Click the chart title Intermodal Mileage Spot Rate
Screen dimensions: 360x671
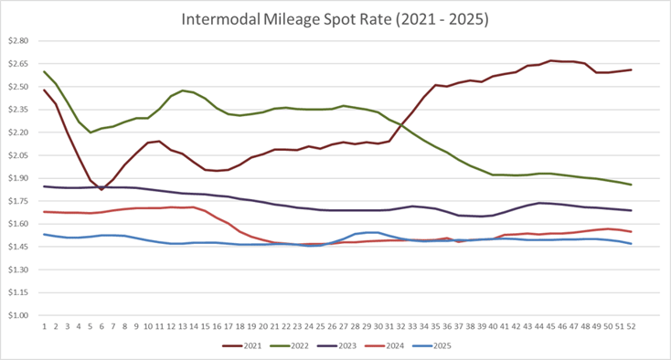click(336, 18)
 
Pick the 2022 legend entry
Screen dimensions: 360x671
click(299, 346)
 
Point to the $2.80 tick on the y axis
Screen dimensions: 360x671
click(18, 41)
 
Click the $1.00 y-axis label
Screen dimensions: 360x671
click(18, 316)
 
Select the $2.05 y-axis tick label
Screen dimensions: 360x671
click(18, 155)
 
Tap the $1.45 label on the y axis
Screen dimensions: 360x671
click(18, 248)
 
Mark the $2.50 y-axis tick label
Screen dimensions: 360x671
click(18, 87)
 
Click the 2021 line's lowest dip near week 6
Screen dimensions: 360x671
click(101, 189)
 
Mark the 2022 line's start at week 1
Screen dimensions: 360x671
click(45, 71)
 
